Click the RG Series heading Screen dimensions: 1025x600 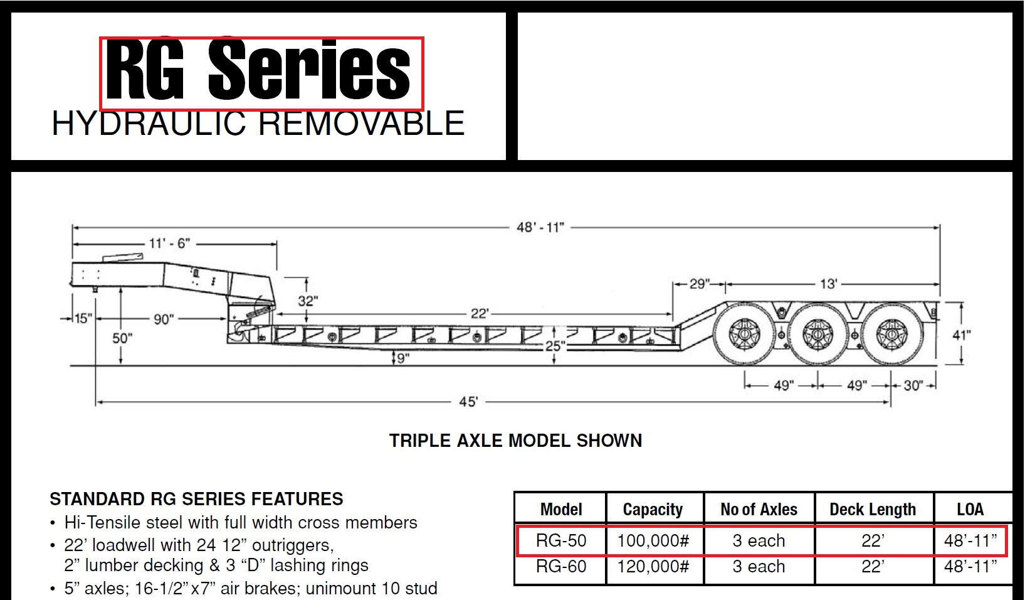click(x=258, y=69)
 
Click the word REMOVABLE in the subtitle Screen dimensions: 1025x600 click(x=362, y=123)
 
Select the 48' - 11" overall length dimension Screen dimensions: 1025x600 click(x=540, y=227)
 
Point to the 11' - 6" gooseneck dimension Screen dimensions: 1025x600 click(x=169, y=244)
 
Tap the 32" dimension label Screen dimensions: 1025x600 click(x=308, y=301)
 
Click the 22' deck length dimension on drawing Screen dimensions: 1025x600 click(x=480, y=314)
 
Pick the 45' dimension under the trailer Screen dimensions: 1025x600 click(x=468, y=402)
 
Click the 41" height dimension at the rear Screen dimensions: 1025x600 click(x=962, y=335)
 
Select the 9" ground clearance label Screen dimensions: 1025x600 click(x=402, y=358)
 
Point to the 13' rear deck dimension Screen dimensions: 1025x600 click(x=829, y=284)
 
